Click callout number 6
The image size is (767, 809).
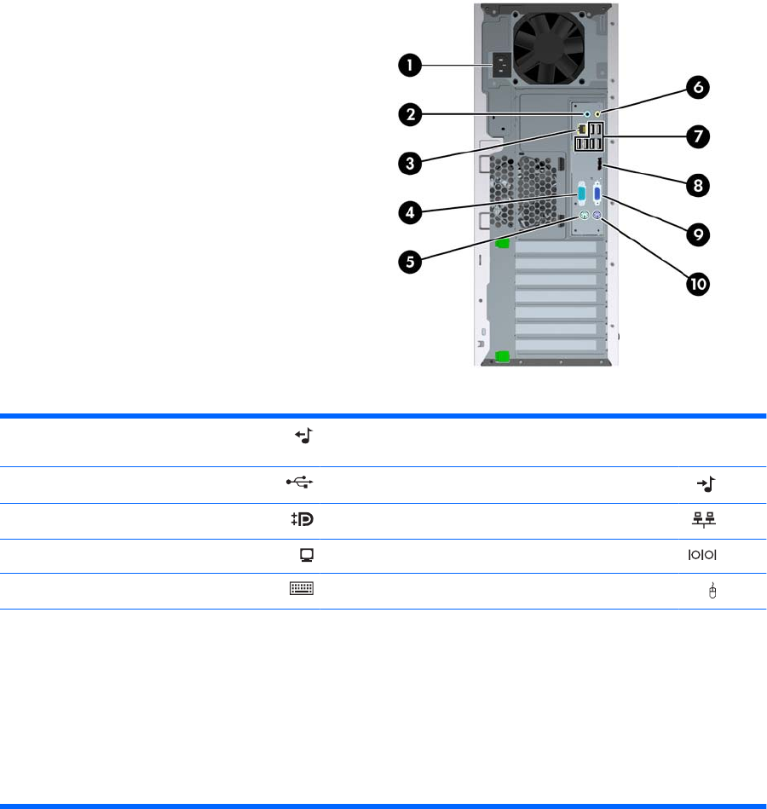[697, 87]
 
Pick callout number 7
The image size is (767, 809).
[697, 136]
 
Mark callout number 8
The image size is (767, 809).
[697, 183]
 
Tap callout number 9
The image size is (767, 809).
[697, 233]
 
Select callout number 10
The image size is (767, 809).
[697, 283]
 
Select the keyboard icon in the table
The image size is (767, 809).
[302, 588]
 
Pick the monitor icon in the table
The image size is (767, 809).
[306, 555]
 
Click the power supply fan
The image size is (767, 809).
[546, 47]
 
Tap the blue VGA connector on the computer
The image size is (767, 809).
[596, 194]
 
